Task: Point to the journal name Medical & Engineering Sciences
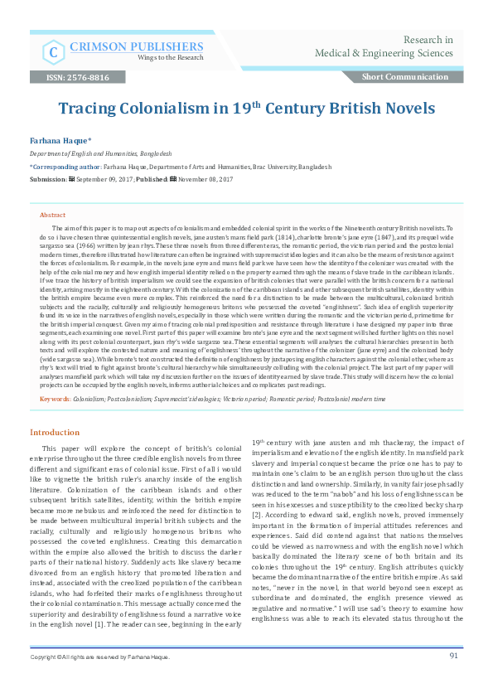[x=384, y=54]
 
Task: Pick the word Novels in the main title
[x=407, y=109]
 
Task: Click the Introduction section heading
[x=55, y=433]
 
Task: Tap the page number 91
[x=454, y=678]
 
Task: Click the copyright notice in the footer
[x=99, y=680]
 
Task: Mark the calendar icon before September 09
[x=71, y=178]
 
